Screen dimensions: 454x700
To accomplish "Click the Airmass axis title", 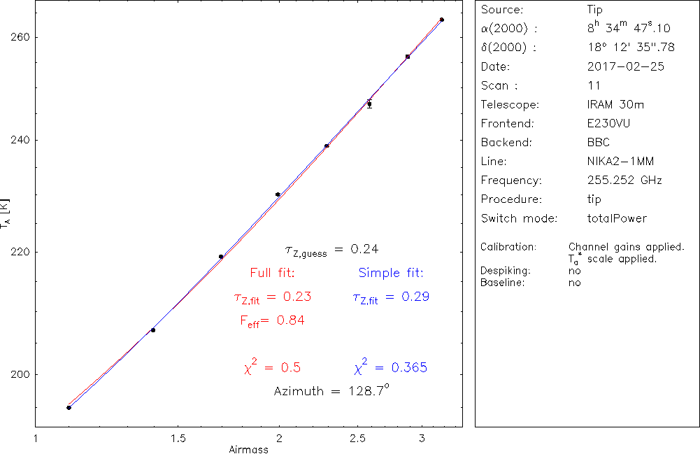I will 248,449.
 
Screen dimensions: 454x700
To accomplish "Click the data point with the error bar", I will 369,104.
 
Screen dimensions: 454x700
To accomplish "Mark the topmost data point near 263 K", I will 442,20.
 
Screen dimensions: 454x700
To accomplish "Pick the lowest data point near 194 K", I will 69,407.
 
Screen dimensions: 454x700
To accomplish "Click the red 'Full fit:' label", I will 273,273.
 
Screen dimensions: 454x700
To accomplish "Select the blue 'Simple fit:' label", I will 391,273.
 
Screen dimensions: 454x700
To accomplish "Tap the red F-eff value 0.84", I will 290,320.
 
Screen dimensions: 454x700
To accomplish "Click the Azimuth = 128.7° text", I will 331,391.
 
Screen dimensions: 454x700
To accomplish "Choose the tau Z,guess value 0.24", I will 364,249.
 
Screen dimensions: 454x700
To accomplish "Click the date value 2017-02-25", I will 626,67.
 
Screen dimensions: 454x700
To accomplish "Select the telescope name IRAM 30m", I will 616,105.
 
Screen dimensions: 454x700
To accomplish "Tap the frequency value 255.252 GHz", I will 624,180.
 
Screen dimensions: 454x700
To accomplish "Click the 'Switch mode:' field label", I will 519,218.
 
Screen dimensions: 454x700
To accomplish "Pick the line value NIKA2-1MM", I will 621,162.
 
